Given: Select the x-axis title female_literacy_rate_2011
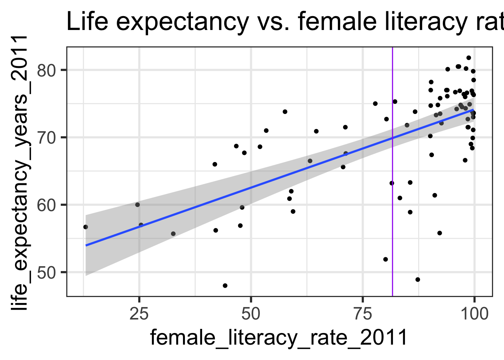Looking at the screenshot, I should point(279,337).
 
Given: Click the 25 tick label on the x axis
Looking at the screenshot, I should point(139,314).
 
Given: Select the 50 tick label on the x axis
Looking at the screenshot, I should point(251,314).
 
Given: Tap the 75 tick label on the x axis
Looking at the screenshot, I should point(363,314).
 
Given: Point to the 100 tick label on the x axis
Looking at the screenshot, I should point(474,314).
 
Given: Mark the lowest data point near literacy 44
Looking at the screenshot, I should point(225,286).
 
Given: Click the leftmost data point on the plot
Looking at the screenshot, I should point(85,227).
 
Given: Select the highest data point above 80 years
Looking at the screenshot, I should point(468,58).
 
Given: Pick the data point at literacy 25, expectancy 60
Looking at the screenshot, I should point(137,205).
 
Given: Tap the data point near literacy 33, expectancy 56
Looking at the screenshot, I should point(173,234).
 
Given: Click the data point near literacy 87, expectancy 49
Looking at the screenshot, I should point(418,279).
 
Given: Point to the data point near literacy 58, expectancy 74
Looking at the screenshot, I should point(285,112).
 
